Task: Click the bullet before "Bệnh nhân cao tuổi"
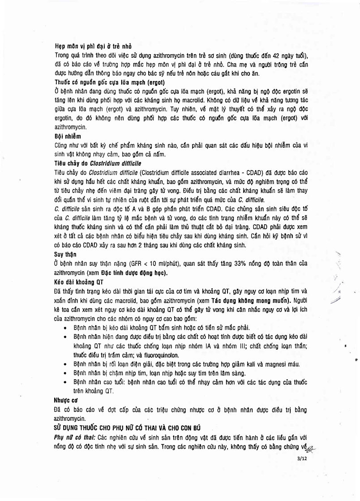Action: (66, 382)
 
